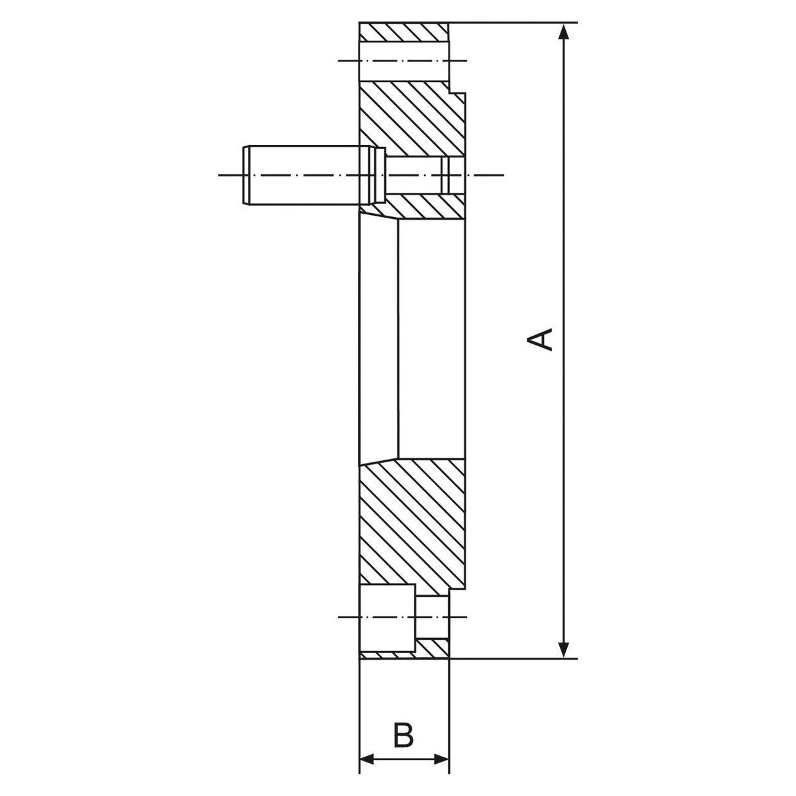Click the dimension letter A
coord(542,340)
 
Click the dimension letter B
coord(403,735)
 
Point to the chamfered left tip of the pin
coord(247,175)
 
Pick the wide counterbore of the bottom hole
coord(387,617)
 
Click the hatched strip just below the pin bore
coord(423,207)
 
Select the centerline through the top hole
coord(348,61)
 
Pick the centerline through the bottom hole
coord(348,617)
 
